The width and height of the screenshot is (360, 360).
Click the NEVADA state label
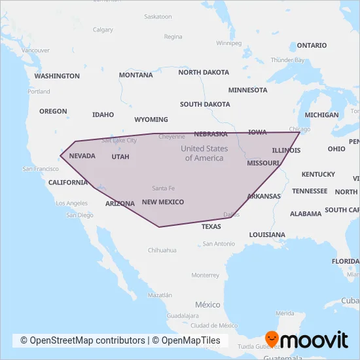click(x=82, y=156)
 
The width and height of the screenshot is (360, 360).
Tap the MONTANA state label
click(x=135, y=75)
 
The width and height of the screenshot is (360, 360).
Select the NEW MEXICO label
click(x=163, y=202)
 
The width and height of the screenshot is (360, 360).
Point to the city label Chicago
click(x=300, y=129)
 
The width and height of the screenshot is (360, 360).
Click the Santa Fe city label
click(x=163, y=188)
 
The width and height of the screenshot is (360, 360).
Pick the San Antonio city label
click(x=219, y=243)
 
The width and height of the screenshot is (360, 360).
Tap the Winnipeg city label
click(x=229, y=43)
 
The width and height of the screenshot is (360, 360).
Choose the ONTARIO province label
click(x=311, y=45)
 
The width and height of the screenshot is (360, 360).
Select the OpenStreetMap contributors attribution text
click(x=82, y=340)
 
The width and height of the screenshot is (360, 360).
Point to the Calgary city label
click(x=103, y=29)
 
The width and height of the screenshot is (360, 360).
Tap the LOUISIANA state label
click(x=267, y=234)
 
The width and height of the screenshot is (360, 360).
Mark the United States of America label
click(x=204, y=153)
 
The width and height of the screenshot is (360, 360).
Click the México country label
click(x=207, y=305)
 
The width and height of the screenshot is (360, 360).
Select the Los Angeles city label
click(x=72, y=203)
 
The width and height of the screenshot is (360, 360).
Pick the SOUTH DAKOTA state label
click(x=205, y=104)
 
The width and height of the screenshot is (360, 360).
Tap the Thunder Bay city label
click(x=288, y=60)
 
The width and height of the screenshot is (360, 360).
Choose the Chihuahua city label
click(x=162, y=250)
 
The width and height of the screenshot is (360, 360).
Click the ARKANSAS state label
click(x=264, y=196)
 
